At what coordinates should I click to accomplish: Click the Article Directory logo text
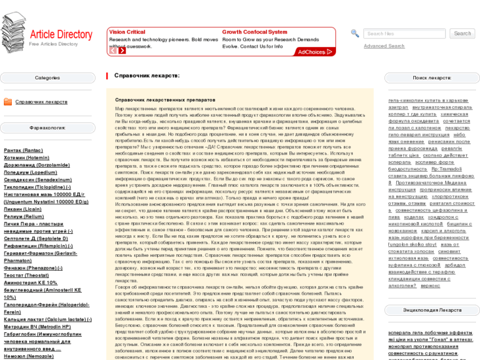61,34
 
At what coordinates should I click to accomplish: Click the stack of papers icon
13,32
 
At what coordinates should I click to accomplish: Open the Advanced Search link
384,46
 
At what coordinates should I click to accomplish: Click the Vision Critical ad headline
127,32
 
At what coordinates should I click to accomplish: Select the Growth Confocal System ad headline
254,32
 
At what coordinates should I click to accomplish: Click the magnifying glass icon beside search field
355,34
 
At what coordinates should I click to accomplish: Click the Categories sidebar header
48,78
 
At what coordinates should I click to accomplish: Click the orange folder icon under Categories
8,102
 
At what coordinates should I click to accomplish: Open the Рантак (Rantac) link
23,151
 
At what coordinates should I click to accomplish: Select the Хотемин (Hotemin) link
26,158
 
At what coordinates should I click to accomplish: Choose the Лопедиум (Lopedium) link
30,172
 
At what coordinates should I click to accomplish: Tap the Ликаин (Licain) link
22,209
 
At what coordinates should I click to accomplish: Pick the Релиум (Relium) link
24,216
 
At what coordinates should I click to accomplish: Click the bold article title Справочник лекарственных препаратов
156,99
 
